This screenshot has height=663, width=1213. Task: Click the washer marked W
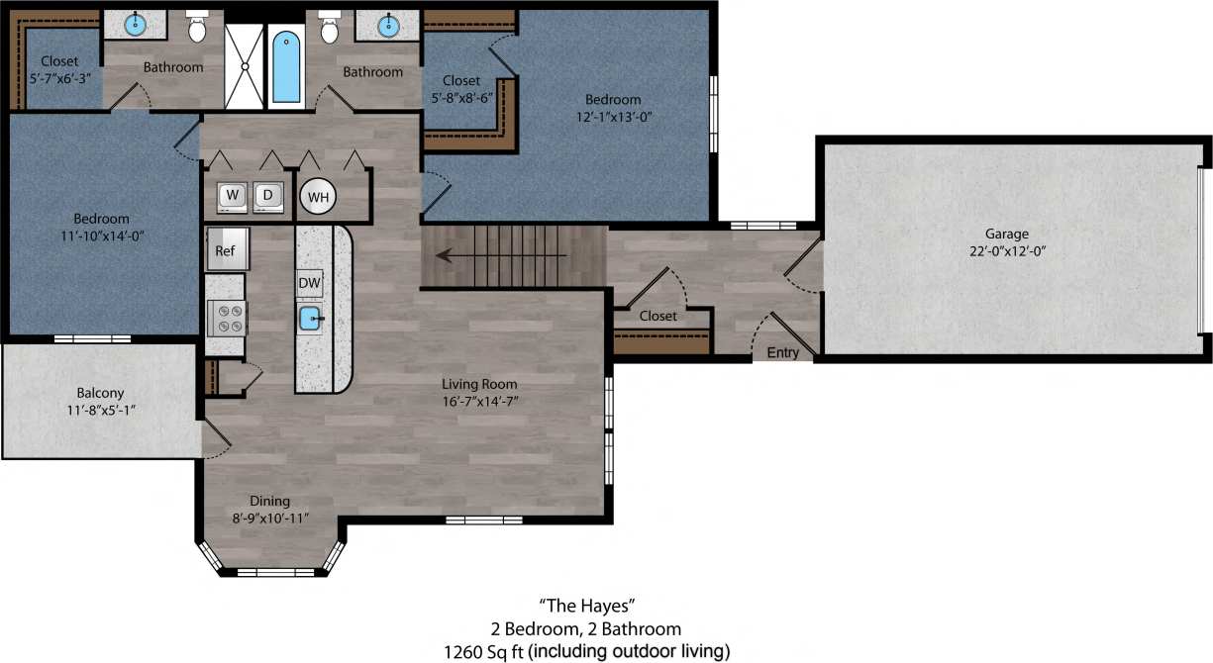[231, 196]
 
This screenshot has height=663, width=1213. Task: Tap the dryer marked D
[267, 196]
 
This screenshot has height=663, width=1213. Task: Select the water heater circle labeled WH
[318, 197]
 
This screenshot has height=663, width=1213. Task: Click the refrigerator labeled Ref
[226, 250]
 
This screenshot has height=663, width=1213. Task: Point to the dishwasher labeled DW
[309, 283]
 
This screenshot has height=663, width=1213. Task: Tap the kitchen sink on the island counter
[310, 319]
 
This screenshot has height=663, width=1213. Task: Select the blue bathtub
[286, 66]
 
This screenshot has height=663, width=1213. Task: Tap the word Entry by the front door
[782, 352]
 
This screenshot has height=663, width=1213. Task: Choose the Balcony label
[101, 392]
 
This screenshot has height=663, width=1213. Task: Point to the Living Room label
[479, 384]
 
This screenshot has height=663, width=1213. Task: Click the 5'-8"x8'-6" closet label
[461, 98]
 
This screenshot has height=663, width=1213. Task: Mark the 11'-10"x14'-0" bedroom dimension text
[101, 236]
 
